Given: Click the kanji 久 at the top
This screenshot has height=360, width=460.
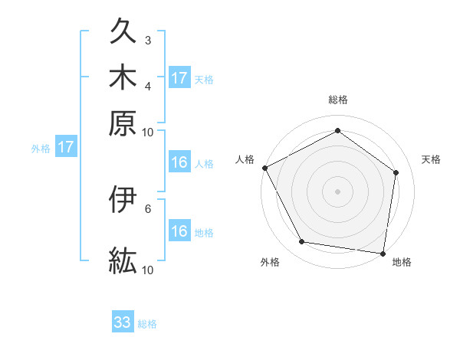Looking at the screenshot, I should [x=123, y=34].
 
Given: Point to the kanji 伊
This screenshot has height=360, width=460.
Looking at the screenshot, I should [x=123, y=201].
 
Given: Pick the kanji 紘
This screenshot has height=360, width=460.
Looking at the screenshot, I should [x=123, y=260].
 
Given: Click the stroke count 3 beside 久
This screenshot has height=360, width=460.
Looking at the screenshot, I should [x=148, y=40].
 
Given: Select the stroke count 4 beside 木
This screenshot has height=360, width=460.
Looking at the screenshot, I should [x=148, y=85].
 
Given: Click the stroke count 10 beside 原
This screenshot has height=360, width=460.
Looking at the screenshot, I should [x=148, y=132].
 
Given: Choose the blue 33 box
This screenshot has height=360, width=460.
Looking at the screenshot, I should [x=123, y=322].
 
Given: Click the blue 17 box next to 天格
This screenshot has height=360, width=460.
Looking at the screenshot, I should [x=179, y=78].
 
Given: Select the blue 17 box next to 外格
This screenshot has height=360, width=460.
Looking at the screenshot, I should [x=65, y=147].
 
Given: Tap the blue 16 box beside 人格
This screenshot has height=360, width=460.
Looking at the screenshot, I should [x=179, y=162].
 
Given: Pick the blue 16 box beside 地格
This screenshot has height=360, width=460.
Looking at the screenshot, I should [x=179, y=231].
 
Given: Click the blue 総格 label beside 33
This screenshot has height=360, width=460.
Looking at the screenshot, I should [x=147, y=324].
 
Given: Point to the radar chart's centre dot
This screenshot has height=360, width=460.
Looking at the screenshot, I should [x=337, y=191].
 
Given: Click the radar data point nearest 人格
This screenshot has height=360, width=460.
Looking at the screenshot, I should [x=264, y=168].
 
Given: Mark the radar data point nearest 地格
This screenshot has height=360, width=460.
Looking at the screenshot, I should [x=383, y=253].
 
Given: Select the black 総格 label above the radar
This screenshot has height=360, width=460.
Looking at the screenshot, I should [x=337, y=100].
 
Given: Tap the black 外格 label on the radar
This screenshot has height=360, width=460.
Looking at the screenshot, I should [x=270, y=262].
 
